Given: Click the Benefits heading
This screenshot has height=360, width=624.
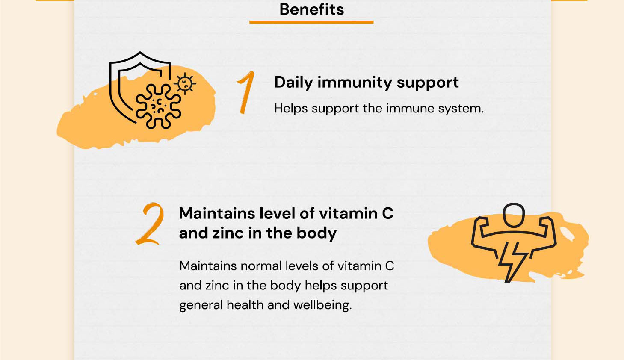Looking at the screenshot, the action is pos(312,9).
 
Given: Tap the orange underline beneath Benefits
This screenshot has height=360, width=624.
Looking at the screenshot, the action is pos(311,22).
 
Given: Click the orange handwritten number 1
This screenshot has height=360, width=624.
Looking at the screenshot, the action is pos(246,92).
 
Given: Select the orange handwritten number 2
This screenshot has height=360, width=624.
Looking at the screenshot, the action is pos(150,224).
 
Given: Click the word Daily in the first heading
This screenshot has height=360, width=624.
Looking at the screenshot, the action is pos(293,83).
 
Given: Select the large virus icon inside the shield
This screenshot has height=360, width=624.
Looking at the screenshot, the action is pos(158,106).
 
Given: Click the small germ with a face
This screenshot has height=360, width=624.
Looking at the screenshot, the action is pos(185,83).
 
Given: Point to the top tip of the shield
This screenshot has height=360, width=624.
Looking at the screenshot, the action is pos(140,52).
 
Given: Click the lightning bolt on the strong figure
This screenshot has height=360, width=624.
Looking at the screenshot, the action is pos(512,262).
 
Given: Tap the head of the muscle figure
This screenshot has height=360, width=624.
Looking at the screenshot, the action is pos(514,215).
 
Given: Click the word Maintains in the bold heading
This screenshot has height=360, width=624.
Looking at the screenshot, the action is pos(217,214).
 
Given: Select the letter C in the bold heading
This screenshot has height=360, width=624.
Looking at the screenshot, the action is pos(388,214).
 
